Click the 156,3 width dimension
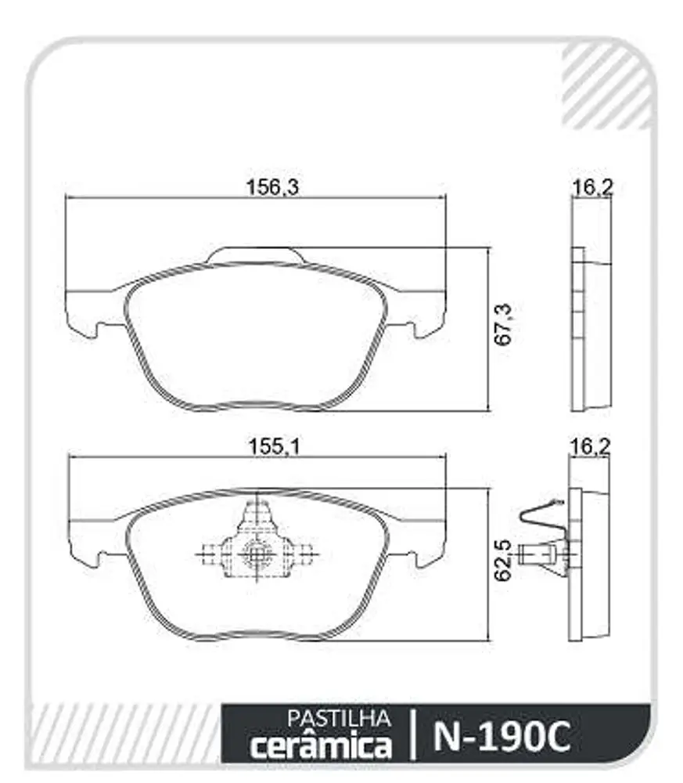pyautogui.click(x=272, y=187)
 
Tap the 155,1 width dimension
pyautogui.click(x=275, y=446)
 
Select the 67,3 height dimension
pyautogui.click(x=503, y=323)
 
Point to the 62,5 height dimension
pyautogui.click(x=503, y=560)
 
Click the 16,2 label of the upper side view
pyautogui.click(x=592, y=187)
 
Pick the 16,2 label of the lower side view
pyautogui.click(x=590, y=446)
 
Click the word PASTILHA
pyautogui.click(x=339, y=718)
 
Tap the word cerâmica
pyautogui.click(x=321, y=745)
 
